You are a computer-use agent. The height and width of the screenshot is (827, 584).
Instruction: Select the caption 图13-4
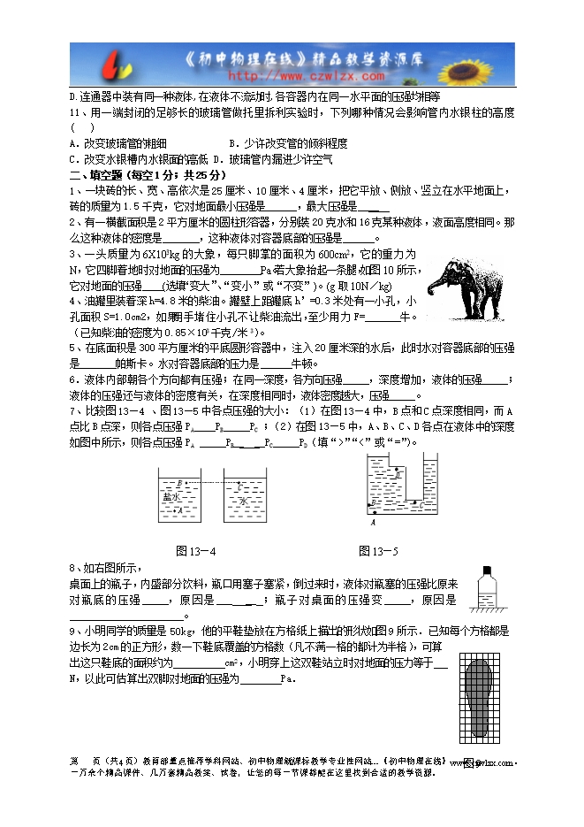(x=197, y=551)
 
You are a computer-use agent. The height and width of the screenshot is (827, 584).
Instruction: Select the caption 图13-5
(x=379, y=551)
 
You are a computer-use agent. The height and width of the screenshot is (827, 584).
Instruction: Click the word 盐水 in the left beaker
(x=171, y=497)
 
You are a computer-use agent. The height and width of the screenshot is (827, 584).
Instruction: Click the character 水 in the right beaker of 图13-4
(x=244, y=501)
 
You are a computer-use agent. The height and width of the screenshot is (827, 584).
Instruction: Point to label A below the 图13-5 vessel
(x=373, y=523)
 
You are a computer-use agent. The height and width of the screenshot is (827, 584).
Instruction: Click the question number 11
(x=75, y=112)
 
